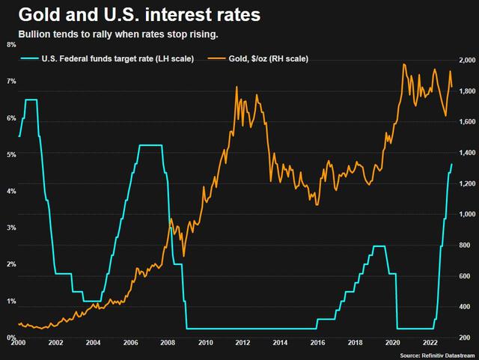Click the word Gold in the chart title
[x=39, y=15]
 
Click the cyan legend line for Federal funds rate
[x=29, y=58]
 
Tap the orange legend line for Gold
[x=216, y=58]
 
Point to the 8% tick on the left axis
[x=11, y=45]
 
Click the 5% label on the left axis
[x=11, y=155]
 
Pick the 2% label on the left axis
[x=11, y=264]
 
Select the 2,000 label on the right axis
[x=467, y=60]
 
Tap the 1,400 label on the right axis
[x=467, y=153]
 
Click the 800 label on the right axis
[x=464, y=245]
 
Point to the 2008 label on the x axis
[x=168, y=343]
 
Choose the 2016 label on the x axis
[x=317, y=343]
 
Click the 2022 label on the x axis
[x=430, y=343]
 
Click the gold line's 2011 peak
[x=237, y=87]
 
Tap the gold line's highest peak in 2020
[x=404, y=64]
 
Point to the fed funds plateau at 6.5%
[x=31, y=100]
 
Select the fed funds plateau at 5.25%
[x=150, y=145]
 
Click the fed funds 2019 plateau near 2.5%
[x=379, y=246]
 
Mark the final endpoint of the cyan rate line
[x=452, y=164]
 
